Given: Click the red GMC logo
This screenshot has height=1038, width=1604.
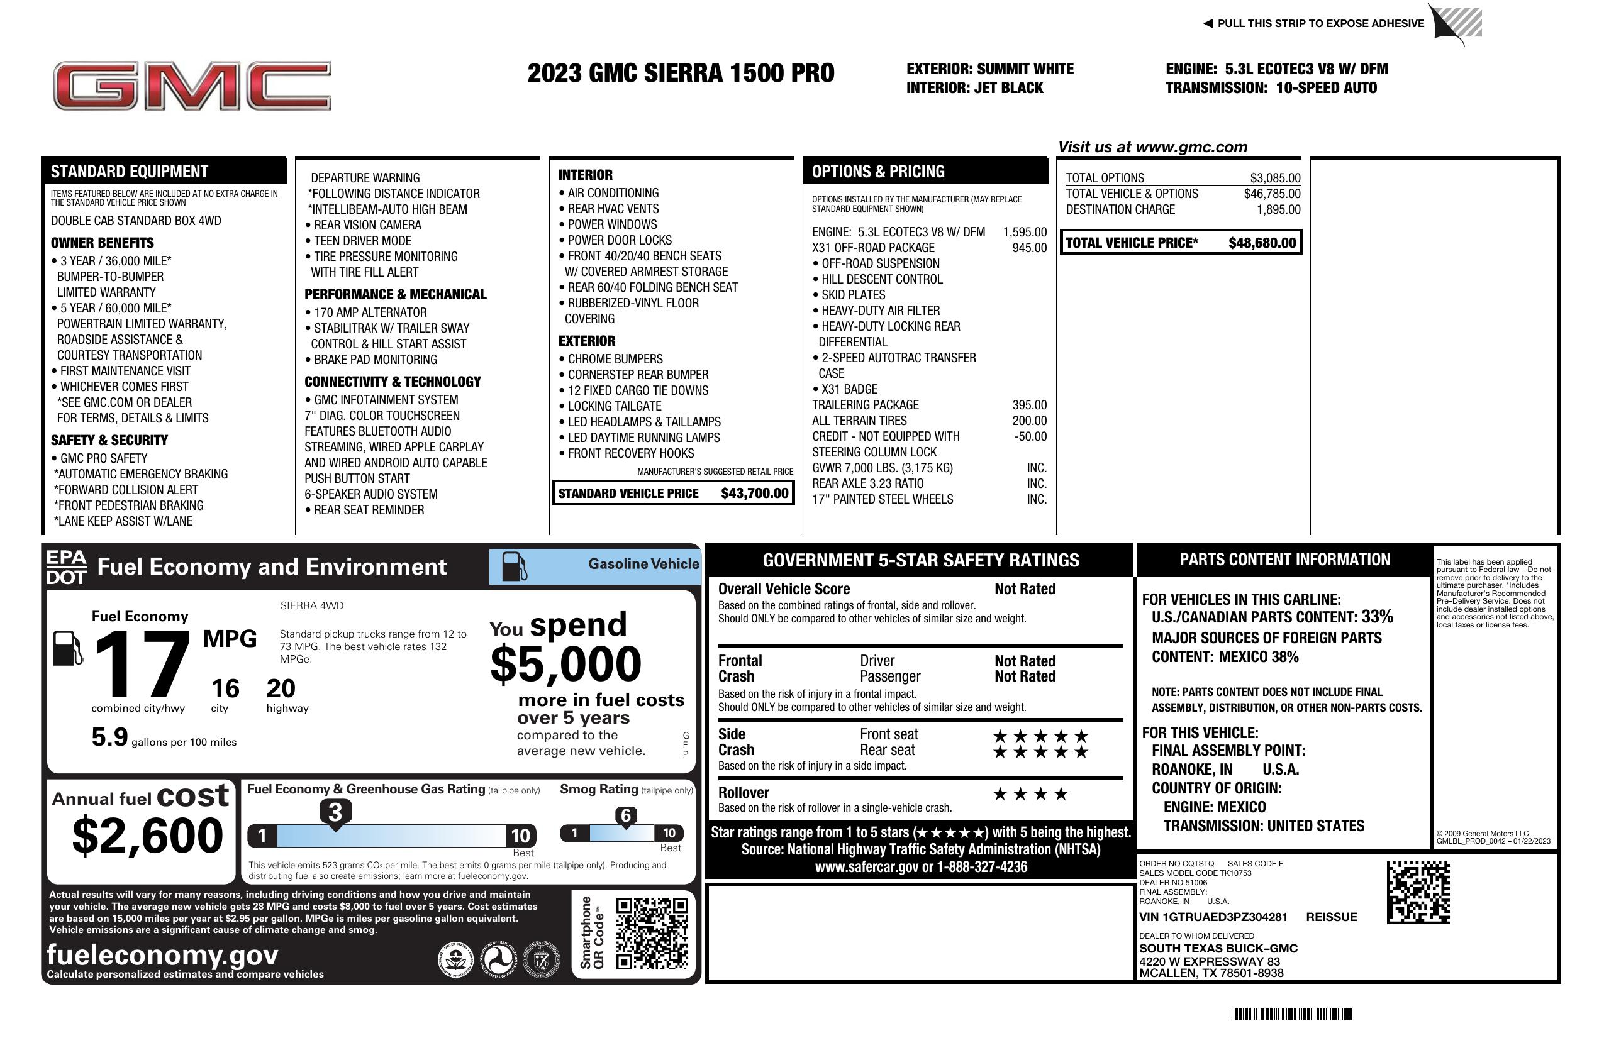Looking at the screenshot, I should point(192,86).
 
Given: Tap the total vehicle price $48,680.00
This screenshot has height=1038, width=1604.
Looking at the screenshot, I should point(1262,243).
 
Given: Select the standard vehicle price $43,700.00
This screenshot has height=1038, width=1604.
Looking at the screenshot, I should point(754,494).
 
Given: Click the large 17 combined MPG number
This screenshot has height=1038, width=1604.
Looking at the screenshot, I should point(142,664).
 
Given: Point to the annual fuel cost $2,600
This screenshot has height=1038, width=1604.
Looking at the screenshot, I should point(147,836).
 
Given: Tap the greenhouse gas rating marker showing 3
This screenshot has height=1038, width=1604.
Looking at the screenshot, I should point(335,812).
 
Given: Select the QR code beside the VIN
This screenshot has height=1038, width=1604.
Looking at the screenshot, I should point(1418,892).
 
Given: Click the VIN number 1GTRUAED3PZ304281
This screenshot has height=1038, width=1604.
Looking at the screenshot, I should point(1213,917).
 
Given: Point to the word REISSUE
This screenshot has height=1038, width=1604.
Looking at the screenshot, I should point(1331,917).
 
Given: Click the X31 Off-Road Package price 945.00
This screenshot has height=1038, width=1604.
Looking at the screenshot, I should point(1029,248).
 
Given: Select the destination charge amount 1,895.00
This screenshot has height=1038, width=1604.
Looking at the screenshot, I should point(1278,209).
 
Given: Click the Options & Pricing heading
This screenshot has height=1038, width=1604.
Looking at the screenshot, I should point(878,172).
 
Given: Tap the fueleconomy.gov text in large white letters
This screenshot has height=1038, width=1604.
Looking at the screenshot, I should point(162,955).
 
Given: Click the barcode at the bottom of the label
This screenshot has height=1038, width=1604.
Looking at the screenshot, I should point(1291,1013).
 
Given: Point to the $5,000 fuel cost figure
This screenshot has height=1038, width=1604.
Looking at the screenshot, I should point(566,664).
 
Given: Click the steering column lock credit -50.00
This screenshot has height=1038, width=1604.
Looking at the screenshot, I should point(1030,436).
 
